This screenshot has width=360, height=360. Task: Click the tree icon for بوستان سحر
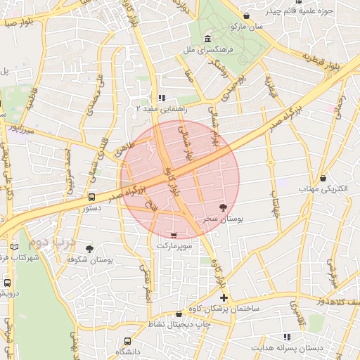[x=224, y=207]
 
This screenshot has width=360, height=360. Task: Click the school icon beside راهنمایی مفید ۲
[x=162, y=98]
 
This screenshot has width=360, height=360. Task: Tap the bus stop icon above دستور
[x=92, y=197]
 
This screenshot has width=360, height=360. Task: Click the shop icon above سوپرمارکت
[x=174, y=235]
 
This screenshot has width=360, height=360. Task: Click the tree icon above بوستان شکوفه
[x=89, y=248]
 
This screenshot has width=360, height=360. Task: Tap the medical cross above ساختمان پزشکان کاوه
[x=224, y=298]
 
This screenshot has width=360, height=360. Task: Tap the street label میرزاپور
[x=21, y=129]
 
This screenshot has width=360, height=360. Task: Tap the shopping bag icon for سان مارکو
[x=246, y=15]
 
